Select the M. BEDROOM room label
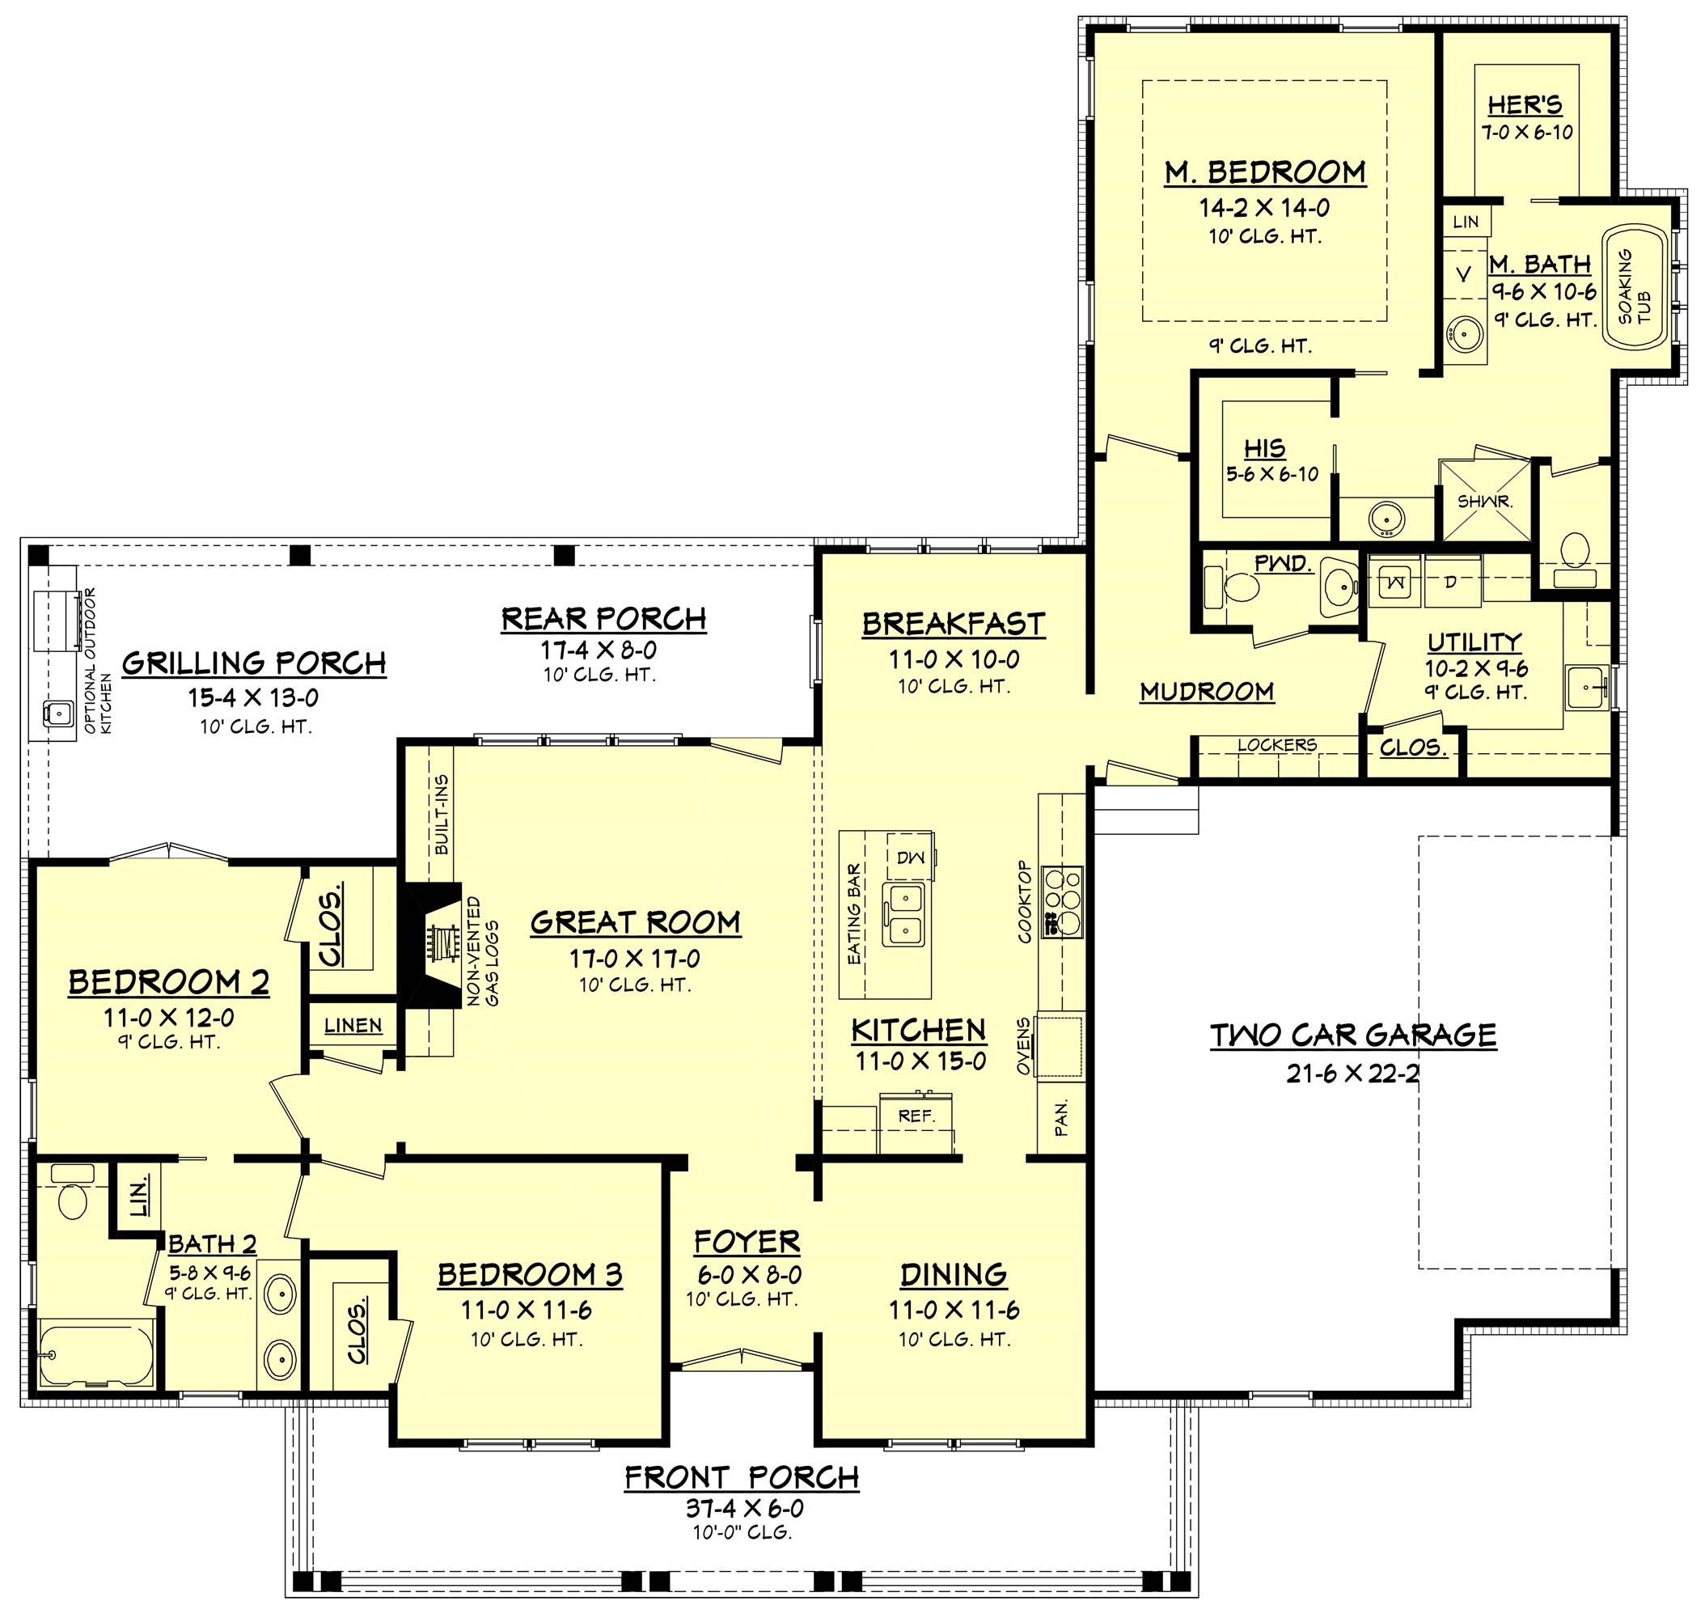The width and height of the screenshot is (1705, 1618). (1264, 172)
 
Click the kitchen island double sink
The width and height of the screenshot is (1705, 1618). (903, 914)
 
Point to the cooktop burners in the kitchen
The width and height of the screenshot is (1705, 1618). (1063, 901)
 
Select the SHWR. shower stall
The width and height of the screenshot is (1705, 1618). (1484, 501)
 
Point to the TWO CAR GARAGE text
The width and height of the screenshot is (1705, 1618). (1353, 1035)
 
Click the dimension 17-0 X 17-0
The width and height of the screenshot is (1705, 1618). (634, 958)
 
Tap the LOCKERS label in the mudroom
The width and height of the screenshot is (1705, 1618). (1276, 744)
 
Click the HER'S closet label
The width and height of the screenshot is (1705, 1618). (1525, 105)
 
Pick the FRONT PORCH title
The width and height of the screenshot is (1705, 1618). (742, 1477)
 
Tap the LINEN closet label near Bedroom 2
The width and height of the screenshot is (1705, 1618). (353, 1025)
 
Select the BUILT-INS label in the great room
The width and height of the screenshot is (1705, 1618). (442, 814)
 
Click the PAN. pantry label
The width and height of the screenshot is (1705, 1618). (1061, 1117)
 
